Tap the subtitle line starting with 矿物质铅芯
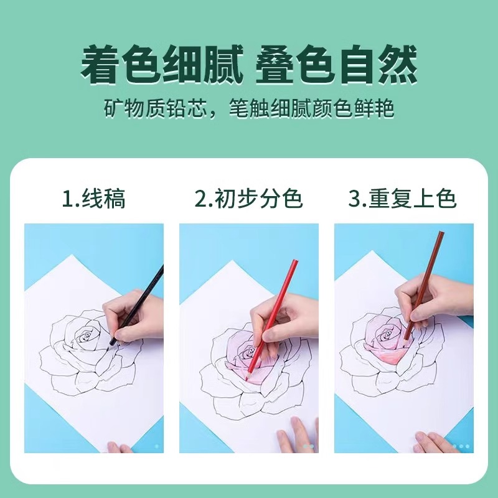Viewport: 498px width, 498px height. pos(249,109)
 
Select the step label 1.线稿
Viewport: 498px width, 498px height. pos(93,199)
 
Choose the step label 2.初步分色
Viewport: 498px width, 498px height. pos(249,199)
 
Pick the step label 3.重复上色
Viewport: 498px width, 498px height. pos(403,199)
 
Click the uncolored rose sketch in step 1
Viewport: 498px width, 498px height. pos(84,355)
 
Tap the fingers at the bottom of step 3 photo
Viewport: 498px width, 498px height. pos(436,443)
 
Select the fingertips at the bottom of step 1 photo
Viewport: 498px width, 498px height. pos(118,447)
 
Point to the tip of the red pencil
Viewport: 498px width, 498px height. pos(248,377)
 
